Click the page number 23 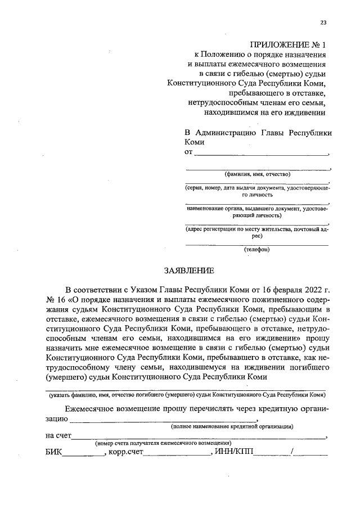[x=323, y=22]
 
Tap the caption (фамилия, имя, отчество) [x=258, y=174]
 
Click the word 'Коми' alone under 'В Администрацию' [x=195, y=143]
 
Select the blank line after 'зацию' [x=164, y=419]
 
